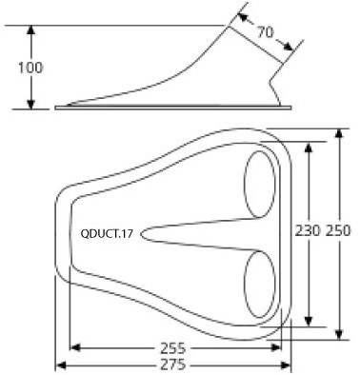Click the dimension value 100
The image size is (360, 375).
tap(30, 68)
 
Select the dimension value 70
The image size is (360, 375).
tap(265, 32)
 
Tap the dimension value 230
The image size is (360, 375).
tap(308, 230)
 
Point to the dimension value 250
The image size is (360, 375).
tap(338, 230)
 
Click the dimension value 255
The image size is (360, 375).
tap(173, 348)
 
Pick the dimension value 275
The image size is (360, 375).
tap(173, 365)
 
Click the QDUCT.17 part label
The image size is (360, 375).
tap(107, 234)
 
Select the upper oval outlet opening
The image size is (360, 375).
tap(260, 185)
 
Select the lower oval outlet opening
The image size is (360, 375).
tap(260, 285)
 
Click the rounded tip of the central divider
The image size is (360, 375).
tap(142, 234)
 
